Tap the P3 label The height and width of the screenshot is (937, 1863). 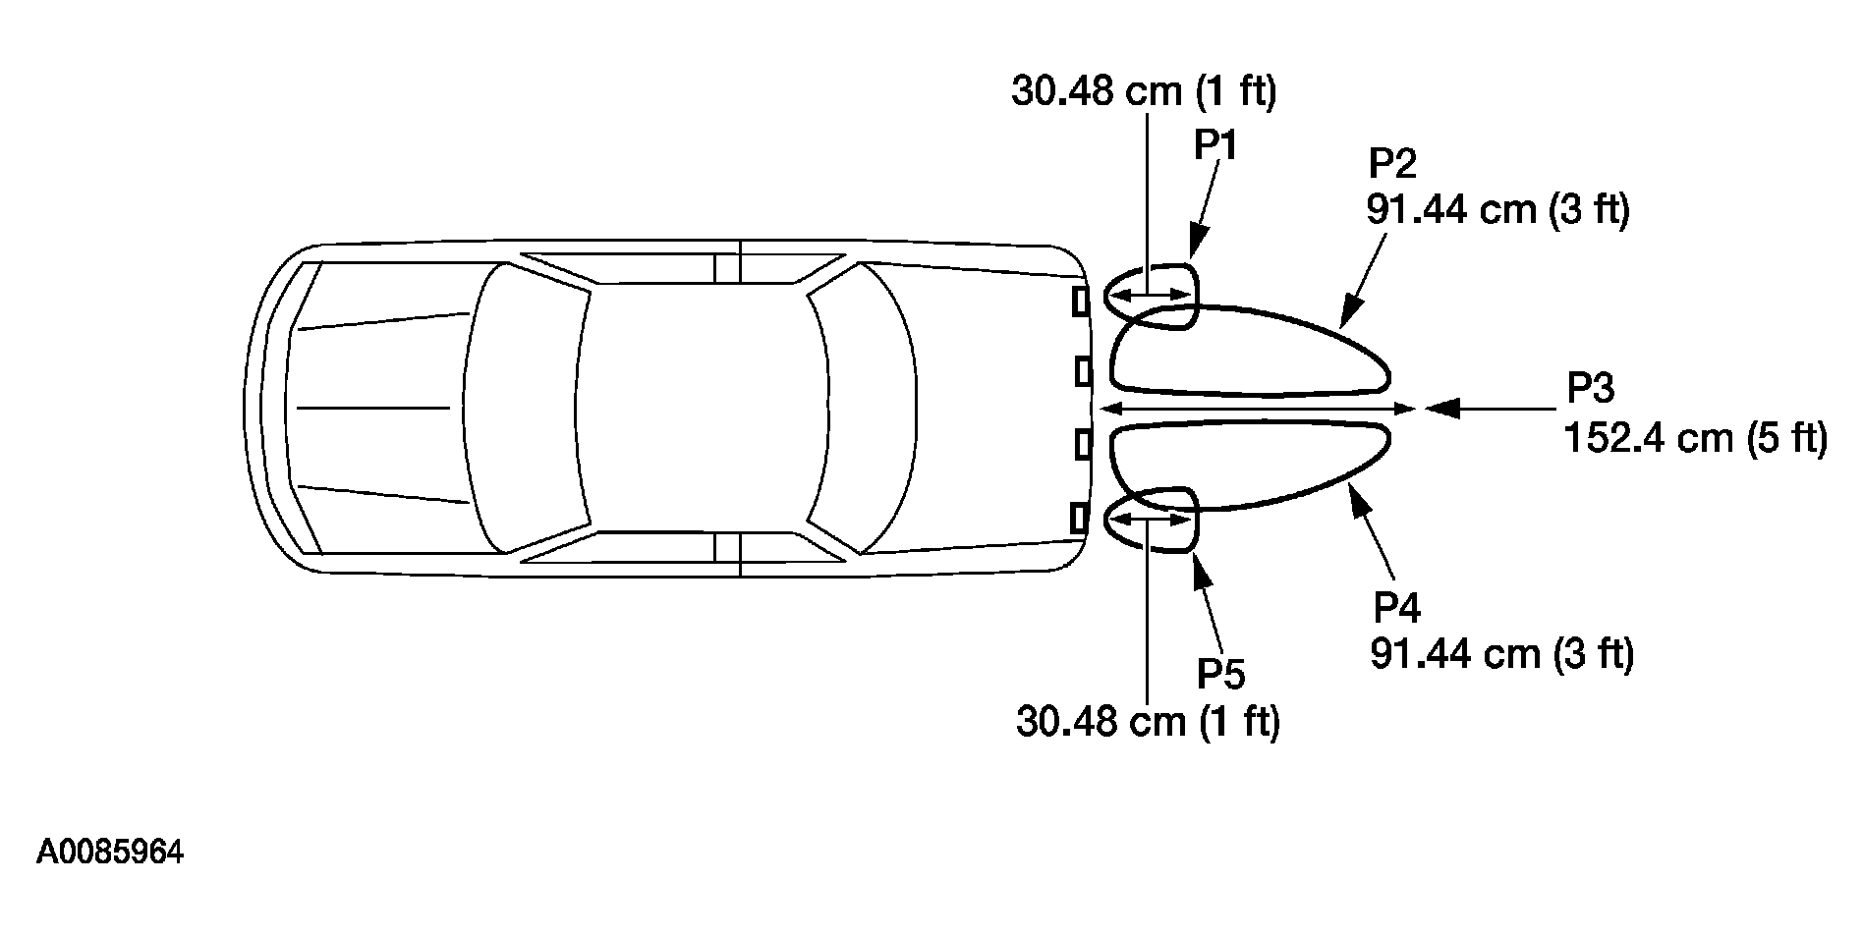coord(1590,389)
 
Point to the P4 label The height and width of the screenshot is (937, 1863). coord(1396,608)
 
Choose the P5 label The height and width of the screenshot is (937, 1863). coord(1220,675)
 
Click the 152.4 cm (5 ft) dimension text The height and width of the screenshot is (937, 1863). coord(1695,437)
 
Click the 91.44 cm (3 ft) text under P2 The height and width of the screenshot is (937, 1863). coord(1497,210)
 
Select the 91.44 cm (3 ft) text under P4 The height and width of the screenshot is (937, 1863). coord(1502,654)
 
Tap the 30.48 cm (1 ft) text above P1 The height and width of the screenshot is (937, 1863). coord(1144,91)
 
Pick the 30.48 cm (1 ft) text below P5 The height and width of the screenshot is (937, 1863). coord(1148,723)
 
